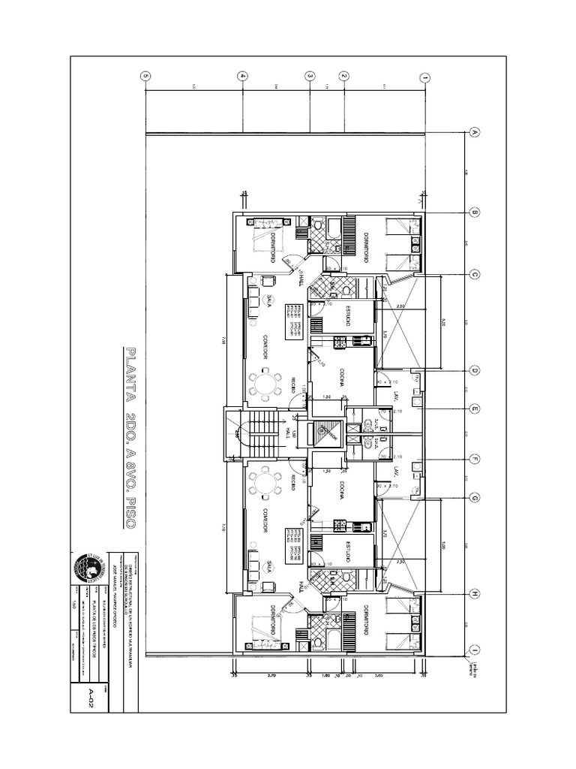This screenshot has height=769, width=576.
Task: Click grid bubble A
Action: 474,132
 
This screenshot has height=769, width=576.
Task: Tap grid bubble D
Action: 474,369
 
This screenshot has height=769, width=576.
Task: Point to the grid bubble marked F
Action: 474,458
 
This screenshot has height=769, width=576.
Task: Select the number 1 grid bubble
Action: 425,77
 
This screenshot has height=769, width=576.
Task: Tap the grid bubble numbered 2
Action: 343,76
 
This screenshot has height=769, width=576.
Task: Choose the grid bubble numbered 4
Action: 242,76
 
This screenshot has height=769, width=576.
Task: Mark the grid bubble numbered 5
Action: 145,76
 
